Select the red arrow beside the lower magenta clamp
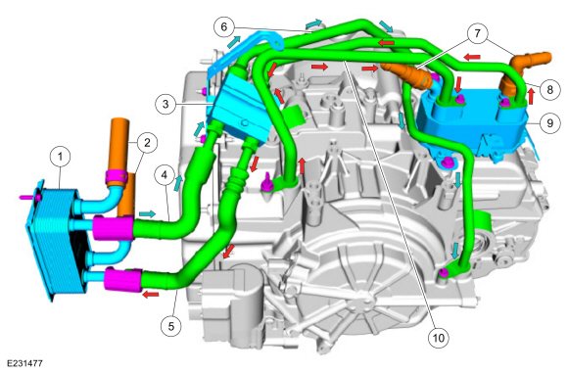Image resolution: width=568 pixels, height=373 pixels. (151, 292)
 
